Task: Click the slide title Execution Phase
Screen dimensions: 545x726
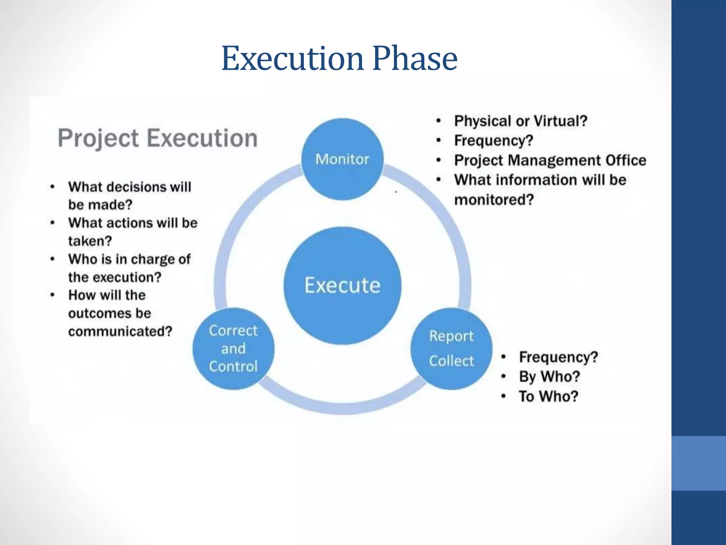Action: [x=339, y=59]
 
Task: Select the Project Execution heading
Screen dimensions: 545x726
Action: [x=158, y=138]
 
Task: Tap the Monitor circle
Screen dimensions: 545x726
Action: [x=342, y=159]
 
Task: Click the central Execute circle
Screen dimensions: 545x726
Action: [x=342, y=286]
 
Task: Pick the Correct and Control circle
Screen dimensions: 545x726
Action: [x=233, y=349]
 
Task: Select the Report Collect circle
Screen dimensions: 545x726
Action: [x=451, y=349]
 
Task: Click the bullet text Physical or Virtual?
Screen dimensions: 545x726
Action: [x=521, y=121]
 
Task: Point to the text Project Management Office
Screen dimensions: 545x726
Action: [x=550, y=160]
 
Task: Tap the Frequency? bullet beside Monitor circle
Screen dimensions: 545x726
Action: [x=494, y=141]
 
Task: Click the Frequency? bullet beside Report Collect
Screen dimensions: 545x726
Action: [x=558, y=357]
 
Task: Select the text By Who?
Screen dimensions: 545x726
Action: [x=549, y=376]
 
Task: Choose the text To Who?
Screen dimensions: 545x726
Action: [x=548, y=396]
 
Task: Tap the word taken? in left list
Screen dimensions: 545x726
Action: [x=90, y=241]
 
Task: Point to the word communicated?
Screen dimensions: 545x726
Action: [x=120, y=331]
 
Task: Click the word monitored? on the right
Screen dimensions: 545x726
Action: [x=494, y=200]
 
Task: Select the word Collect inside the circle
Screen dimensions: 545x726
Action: [x=451, y=361]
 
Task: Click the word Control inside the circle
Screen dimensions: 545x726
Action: [x=233, y=367]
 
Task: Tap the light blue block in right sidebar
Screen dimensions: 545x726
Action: [x=698, y=463]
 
